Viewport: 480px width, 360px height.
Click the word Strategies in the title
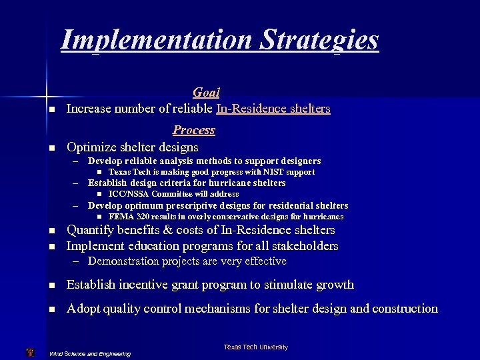pos(319,40)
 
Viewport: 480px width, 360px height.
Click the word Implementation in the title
pos(155,40)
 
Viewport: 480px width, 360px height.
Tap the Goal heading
pos(206,93)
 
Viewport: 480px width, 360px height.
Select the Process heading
pos(193,130)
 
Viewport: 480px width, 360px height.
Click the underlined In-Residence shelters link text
pos(273,109)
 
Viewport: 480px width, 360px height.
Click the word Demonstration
pos(125,261)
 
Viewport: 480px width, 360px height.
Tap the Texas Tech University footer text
pos(255,347)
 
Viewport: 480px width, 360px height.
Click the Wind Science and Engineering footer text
pos(90,353)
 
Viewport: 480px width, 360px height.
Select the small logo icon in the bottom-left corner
pos(29,352)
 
